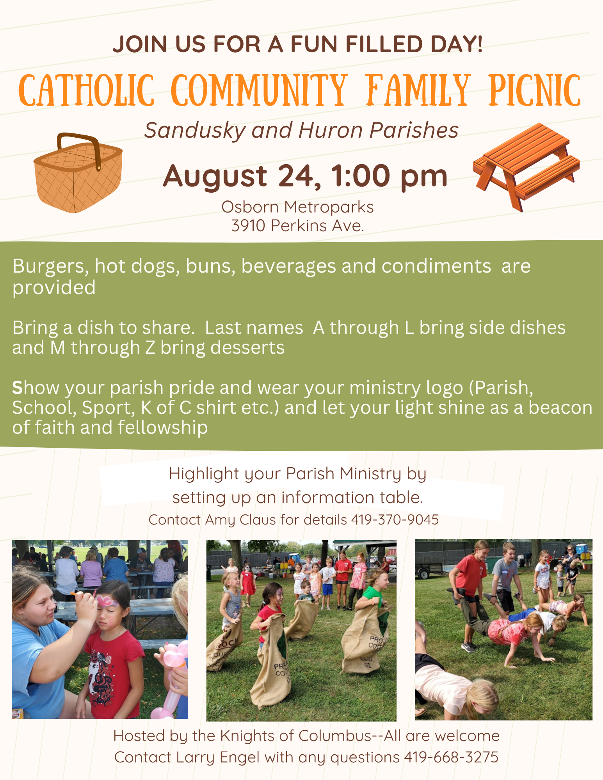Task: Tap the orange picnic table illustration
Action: click(x=526, y=166)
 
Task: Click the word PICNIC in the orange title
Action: click(x=535, y=90)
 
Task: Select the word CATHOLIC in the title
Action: click(x=86, y=90)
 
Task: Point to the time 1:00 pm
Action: click(x=389, y=176)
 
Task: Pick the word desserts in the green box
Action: click(x=247, y=347)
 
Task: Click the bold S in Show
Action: click(x=18, y=388)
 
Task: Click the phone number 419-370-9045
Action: click(x=395, y=519)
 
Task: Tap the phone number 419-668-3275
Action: click(x=451, y=757)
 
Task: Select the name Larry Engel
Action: click(x=218, y=757)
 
